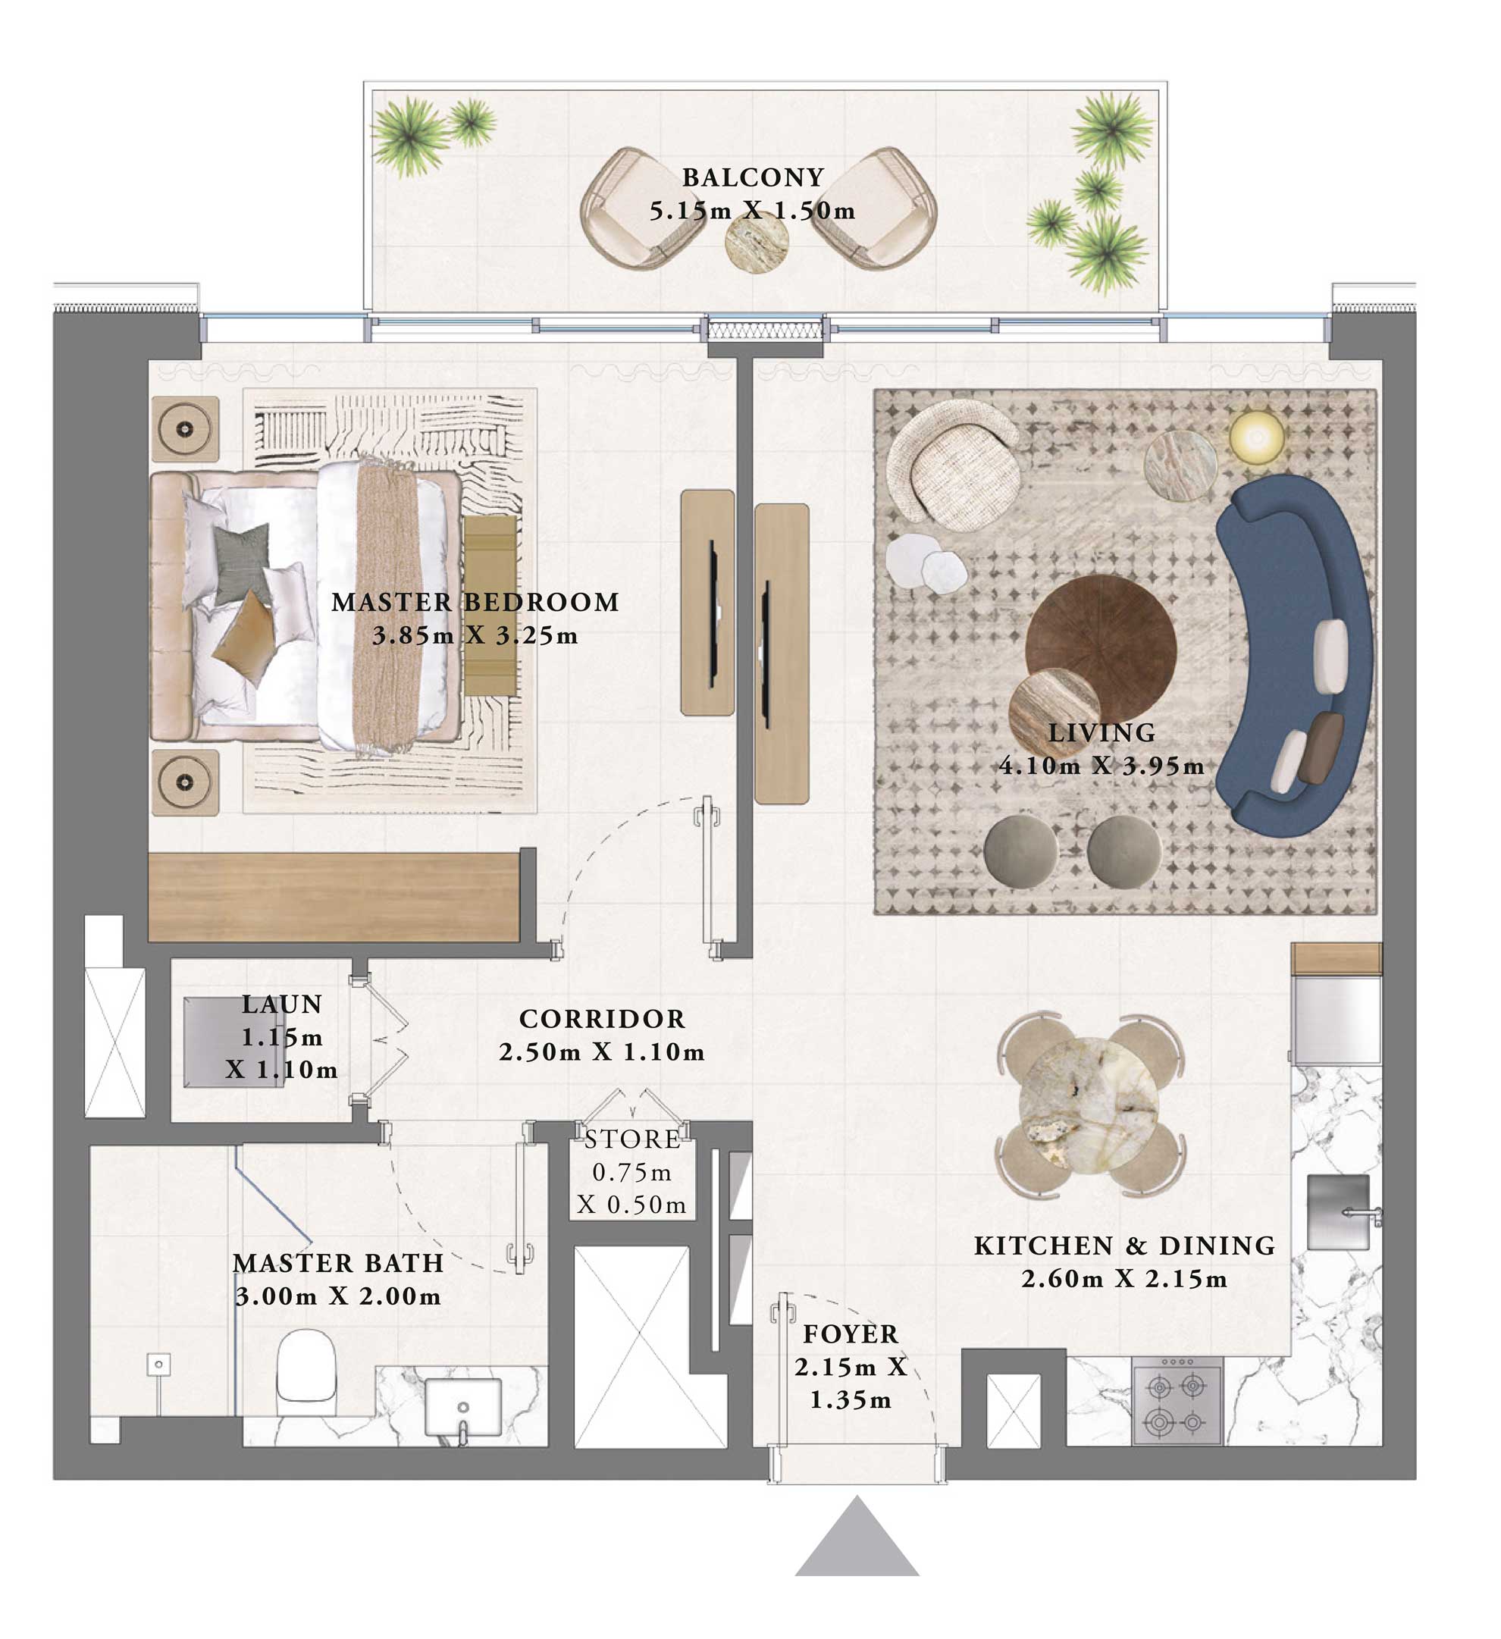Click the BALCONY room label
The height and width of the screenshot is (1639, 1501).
pyautogui.click(x=752, y=177)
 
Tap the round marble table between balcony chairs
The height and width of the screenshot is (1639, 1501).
pyautogui.click(x=757, y=242)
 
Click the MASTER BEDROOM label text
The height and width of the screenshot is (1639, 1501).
pyautogui.click(x=475, y=602)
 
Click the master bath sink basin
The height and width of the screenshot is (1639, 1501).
pyautogui.click(x=462, y=1406)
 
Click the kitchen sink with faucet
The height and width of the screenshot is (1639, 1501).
pyautogui.click(x=1338, y=1211)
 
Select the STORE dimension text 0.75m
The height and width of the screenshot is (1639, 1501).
pyautogui.click(x=631, y=1172)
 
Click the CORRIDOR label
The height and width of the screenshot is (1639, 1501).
pyautogui.click(x=602, y=1019)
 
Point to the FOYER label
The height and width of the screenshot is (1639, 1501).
pyautogui.click(x=851, y=1334)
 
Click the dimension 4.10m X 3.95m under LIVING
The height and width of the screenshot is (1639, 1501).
pyautogui.click(x=1101, y=765)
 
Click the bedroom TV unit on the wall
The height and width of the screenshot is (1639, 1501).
pyautogui.click(x=707, y=603)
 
